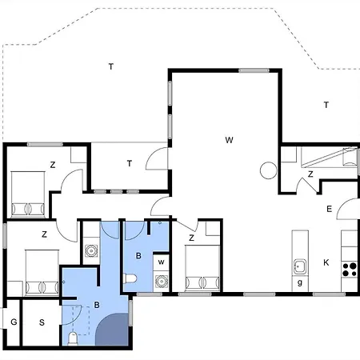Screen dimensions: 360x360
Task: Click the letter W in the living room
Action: (x=229, y=141)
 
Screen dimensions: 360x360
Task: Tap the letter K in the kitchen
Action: (x=326, y=262)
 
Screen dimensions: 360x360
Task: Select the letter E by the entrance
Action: (x=328, y=209)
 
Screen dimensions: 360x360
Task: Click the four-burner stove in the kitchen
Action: (x=350, y=269)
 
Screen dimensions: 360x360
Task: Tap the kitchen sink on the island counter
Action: (x=300, y=266)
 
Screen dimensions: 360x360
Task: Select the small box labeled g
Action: (x=300, y=283)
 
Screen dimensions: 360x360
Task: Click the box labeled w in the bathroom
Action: (x=161, y=262)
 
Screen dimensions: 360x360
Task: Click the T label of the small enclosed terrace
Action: (x=129, y=163)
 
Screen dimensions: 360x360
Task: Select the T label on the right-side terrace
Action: (x=326, y=105)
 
